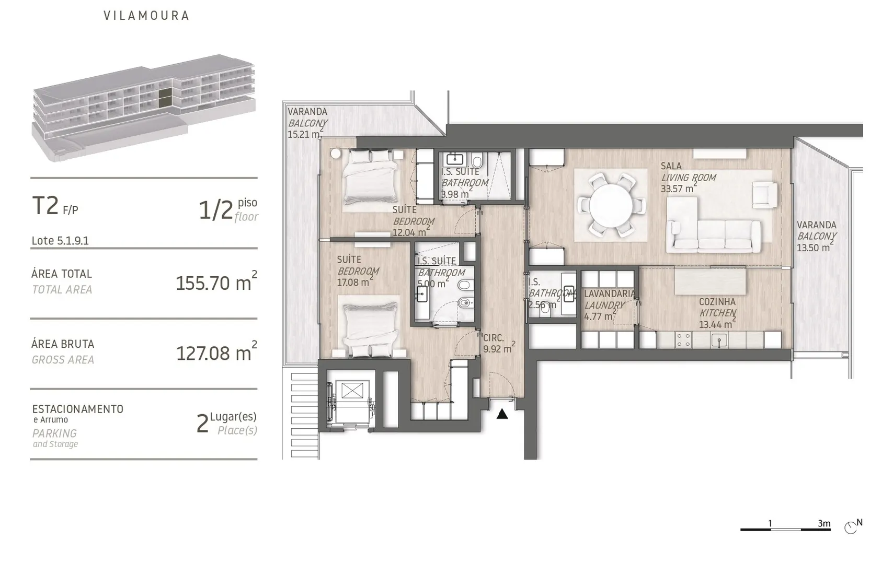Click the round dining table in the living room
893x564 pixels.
tap(610, 206)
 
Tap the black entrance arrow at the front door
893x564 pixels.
tap(502, 414)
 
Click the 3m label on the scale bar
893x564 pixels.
tap(824, 523)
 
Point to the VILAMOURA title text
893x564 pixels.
tap(146, 16)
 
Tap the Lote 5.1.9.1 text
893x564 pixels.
tap(60, 241)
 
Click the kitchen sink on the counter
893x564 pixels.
tap(719, 340)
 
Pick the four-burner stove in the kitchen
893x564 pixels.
tap(683, 340)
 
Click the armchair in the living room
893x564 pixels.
tap(764, 195)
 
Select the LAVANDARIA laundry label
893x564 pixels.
tap(609, 293)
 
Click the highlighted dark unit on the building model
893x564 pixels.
tap(165, 98)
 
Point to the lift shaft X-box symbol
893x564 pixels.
tap(352, 390)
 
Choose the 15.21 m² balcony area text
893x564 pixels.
tap(305, 134)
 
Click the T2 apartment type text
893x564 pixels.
tap(45, 206)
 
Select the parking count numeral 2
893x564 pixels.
tap(202, 424)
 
